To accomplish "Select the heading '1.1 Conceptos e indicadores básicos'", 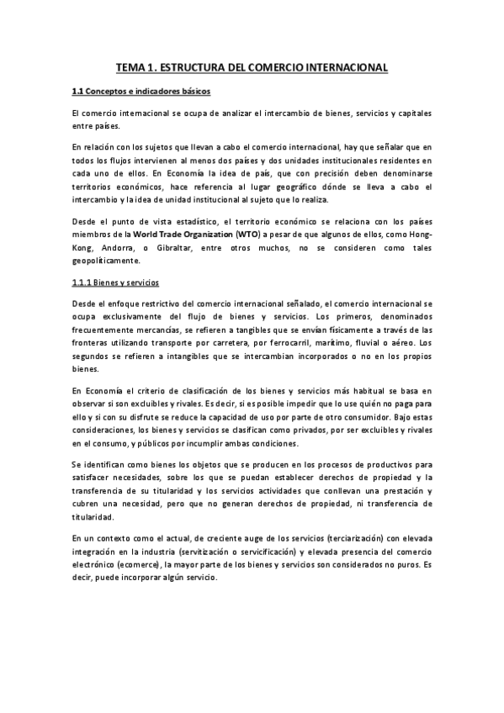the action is [x=141, y=91].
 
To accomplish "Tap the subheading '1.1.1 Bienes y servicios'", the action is [x=115, y=283].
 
